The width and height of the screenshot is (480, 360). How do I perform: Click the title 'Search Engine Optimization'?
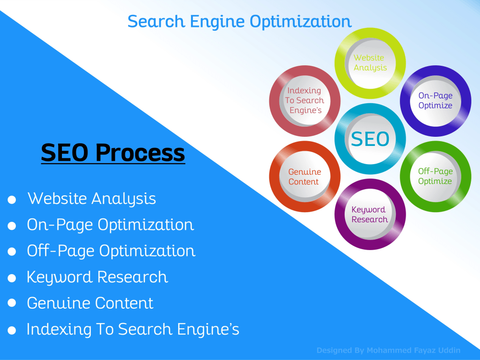(x=240, y=22)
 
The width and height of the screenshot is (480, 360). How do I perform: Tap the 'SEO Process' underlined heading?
(x=113, y=153)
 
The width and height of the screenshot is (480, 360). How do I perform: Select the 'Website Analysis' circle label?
(x=370, y=63)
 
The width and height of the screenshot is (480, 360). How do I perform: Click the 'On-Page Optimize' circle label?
(x=435, y=100)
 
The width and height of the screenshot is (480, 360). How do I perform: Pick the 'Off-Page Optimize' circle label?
(x=435, y=176)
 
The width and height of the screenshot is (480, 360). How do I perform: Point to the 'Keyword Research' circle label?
(x=369, y=214)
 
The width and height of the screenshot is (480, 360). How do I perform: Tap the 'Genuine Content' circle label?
(x=305, y=177)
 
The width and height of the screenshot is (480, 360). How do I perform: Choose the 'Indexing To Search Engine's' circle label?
(x=305, y=100)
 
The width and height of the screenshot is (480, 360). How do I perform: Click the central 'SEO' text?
(x=370, y=139)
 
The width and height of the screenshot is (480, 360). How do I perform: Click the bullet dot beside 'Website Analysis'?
(x=12, y=200)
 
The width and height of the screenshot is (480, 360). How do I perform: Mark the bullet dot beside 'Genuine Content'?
(x=12, y=303)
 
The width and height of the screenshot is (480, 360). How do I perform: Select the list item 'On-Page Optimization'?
(x=110, y=225)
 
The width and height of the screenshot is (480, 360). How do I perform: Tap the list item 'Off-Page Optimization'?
(x=111, y=252)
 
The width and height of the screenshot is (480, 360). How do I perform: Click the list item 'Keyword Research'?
(x=97, y=277)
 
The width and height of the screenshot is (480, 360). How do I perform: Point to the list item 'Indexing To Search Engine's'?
(x=133, y=329)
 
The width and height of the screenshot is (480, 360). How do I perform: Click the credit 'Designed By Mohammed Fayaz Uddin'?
(x=388, y=350)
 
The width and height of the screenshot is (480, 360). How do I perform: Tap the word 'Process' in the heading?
(x=140, y=153)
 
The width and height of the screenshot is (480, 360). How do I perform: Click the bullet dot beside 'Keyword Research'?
(x=12, y=278)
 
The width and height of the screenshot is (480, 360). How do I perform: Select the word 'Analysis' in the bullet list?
(x=124, y=199)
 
